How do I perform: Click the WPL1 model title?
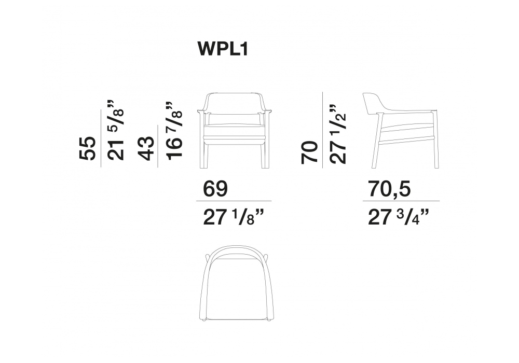click(223, 49)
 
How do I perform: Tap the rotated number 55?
click(88, 148)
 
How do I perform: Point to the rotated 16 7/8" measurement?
click(174, 131)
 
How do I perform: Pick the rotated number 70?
click(309, 152)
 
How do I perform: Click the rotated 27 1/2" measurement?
click(338, 134)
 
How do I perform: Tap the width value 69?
click(215, 189)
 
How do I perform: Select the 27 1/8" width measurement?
click(234, 217)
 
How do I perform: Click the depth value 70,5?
click(389, 189)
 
